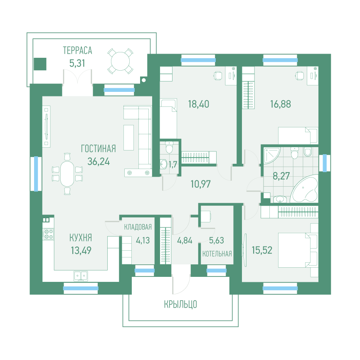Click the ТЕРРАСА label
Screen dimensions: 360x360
(78, 51)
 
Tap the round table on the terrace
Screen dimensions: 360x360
(120, 61)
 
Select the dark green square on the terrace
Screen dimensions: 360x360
(40, 64)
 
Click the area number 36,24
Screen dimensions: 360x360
(99, 162)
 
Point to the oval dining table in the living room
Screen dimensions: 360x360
(67, 174)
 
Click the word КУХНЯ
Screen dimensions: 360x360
(81, 238)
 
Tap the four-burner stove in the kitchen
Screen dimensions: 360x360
(49, 234)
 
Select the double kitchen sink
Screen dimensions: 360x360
(81, 276)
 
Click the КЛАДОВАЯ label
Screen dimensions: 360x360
(138, 227)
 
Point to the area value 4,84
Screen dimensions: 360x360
(185, 240)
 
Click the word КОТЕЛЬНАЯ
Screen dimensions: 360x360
(217, 254)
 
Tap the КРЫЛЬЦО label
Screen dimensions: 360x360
(180, 304)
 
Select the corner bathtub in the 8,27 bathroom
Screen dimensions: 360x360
(304, 189)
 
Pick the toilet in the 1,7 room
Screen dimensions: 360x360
(170, 147)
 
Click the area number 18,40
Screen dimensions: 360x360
(199, 104)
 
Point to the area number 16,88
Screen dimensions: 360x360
(280, 104)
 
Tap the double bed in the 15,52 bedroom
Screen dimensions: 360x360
(298, 250)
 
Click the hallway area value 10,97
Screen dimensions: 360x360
(200, 184)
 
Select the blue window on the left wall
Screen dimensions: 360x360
(36, 174)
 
